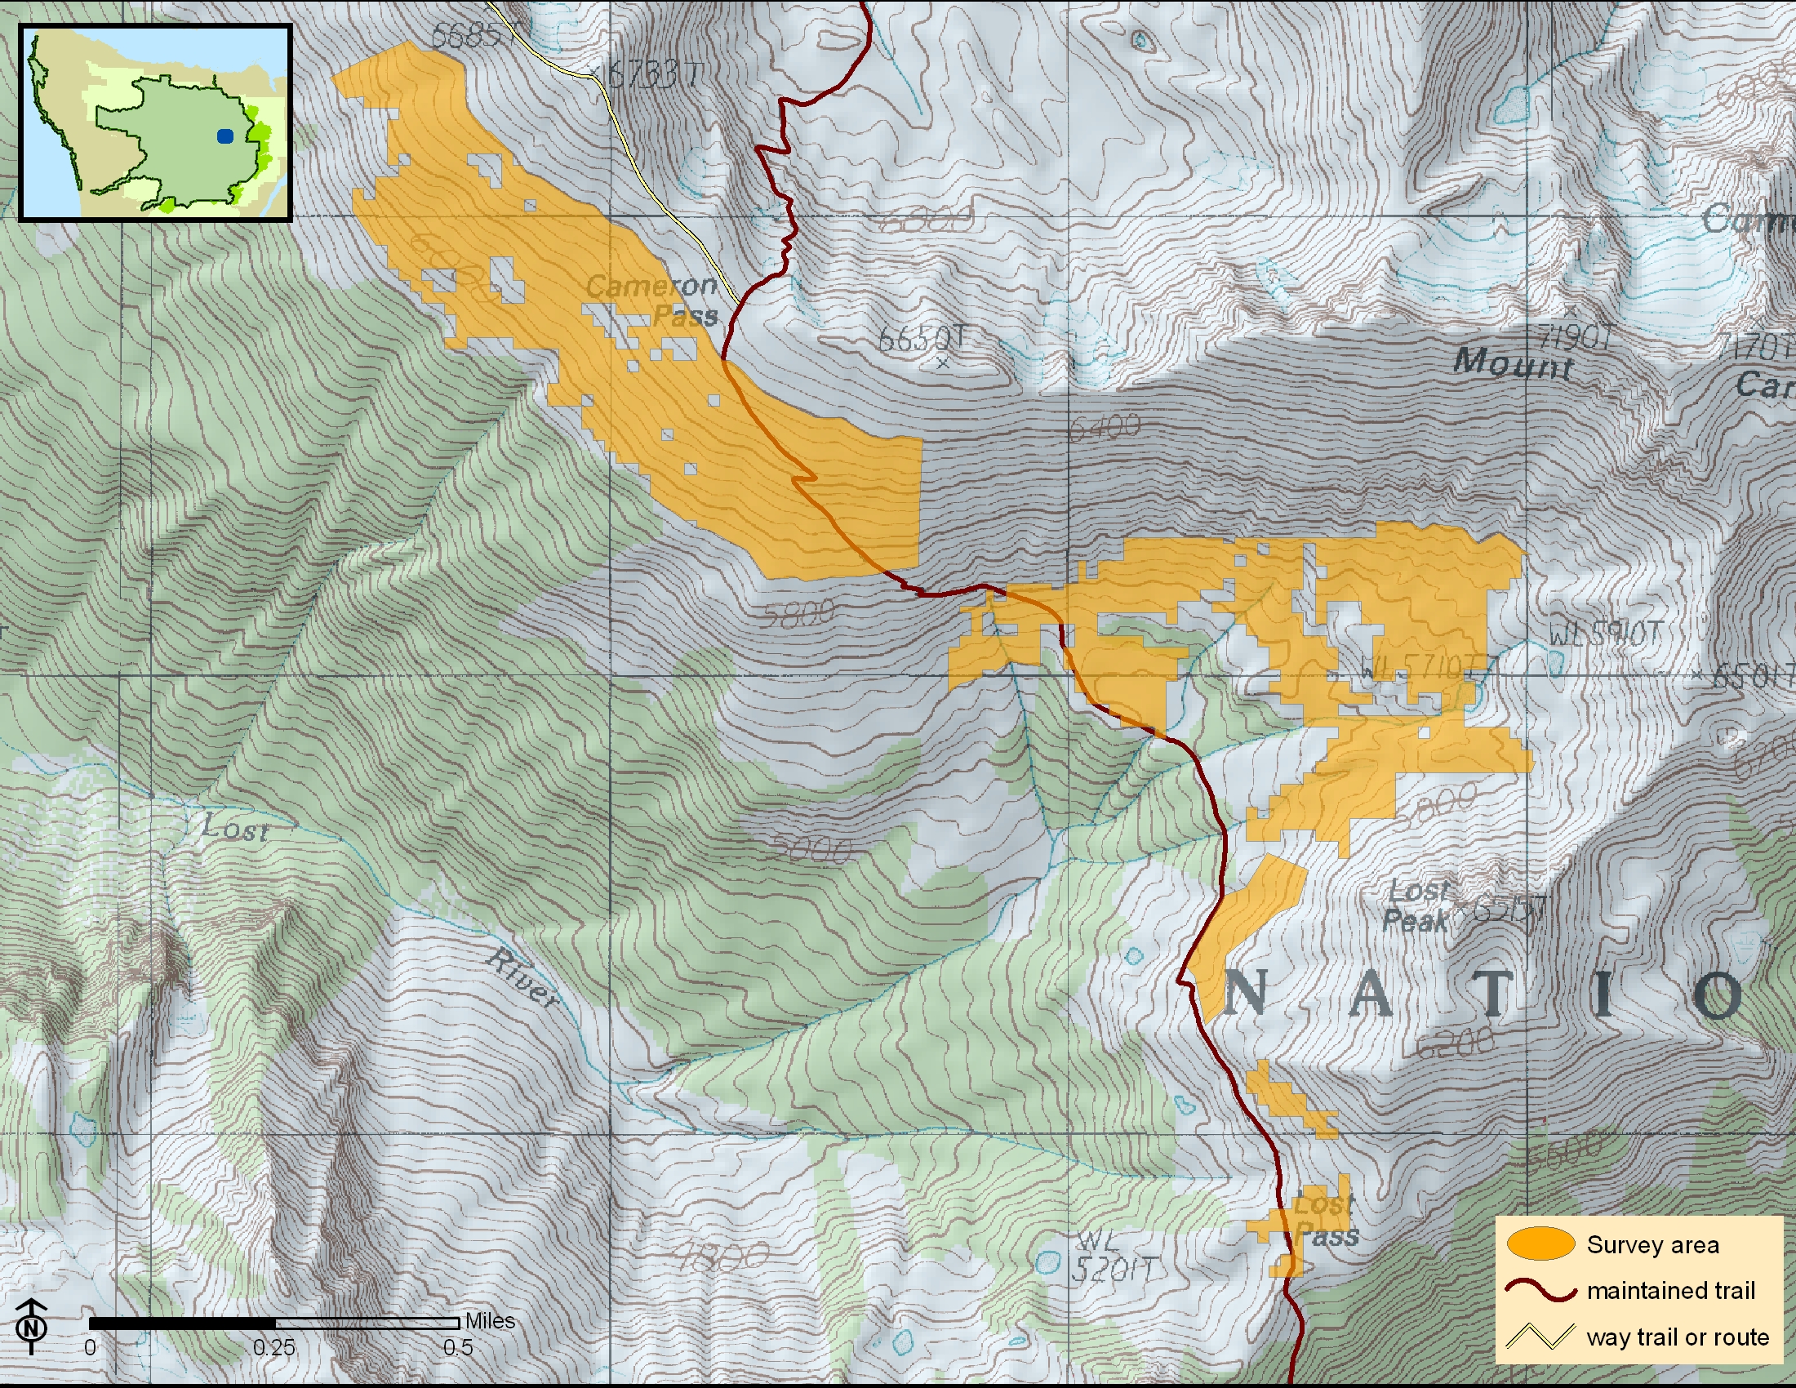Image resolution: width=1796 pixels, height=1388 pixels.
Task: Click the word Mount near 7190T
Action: [x=1512, y=362]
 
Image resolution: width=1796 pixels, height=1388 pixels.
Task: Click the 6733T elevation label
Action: [x=654, y=76]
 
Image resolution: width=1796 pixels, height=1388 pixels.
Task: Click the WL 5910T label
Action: [x=1604, y=634]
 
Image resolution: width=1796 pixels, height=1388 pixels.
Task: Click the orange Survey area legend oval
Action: [x=1540, y=1244]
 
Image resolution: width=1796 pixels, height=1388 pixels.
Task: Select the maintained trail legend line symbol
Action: [x=1540, y=1290]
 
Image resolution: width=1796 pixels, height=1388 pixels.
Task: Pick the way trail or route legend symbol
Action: [x=1540, y=1337]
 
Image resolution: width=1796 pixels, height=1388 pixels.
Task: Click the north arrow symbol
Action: [x=31, y=1326]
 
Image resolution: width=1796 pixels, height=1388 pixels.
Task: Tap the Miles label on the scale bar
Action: [x=490, y=1320]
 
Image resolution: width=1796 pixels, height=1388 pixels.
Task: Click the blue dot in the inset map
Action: [x=225, y=136]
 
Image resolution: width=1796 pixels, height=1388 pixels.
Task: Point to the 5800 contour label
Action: [x=798, y=613]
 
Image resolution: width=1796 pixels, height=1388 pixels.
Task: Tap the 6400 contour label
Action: [x=1105, y=427]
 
